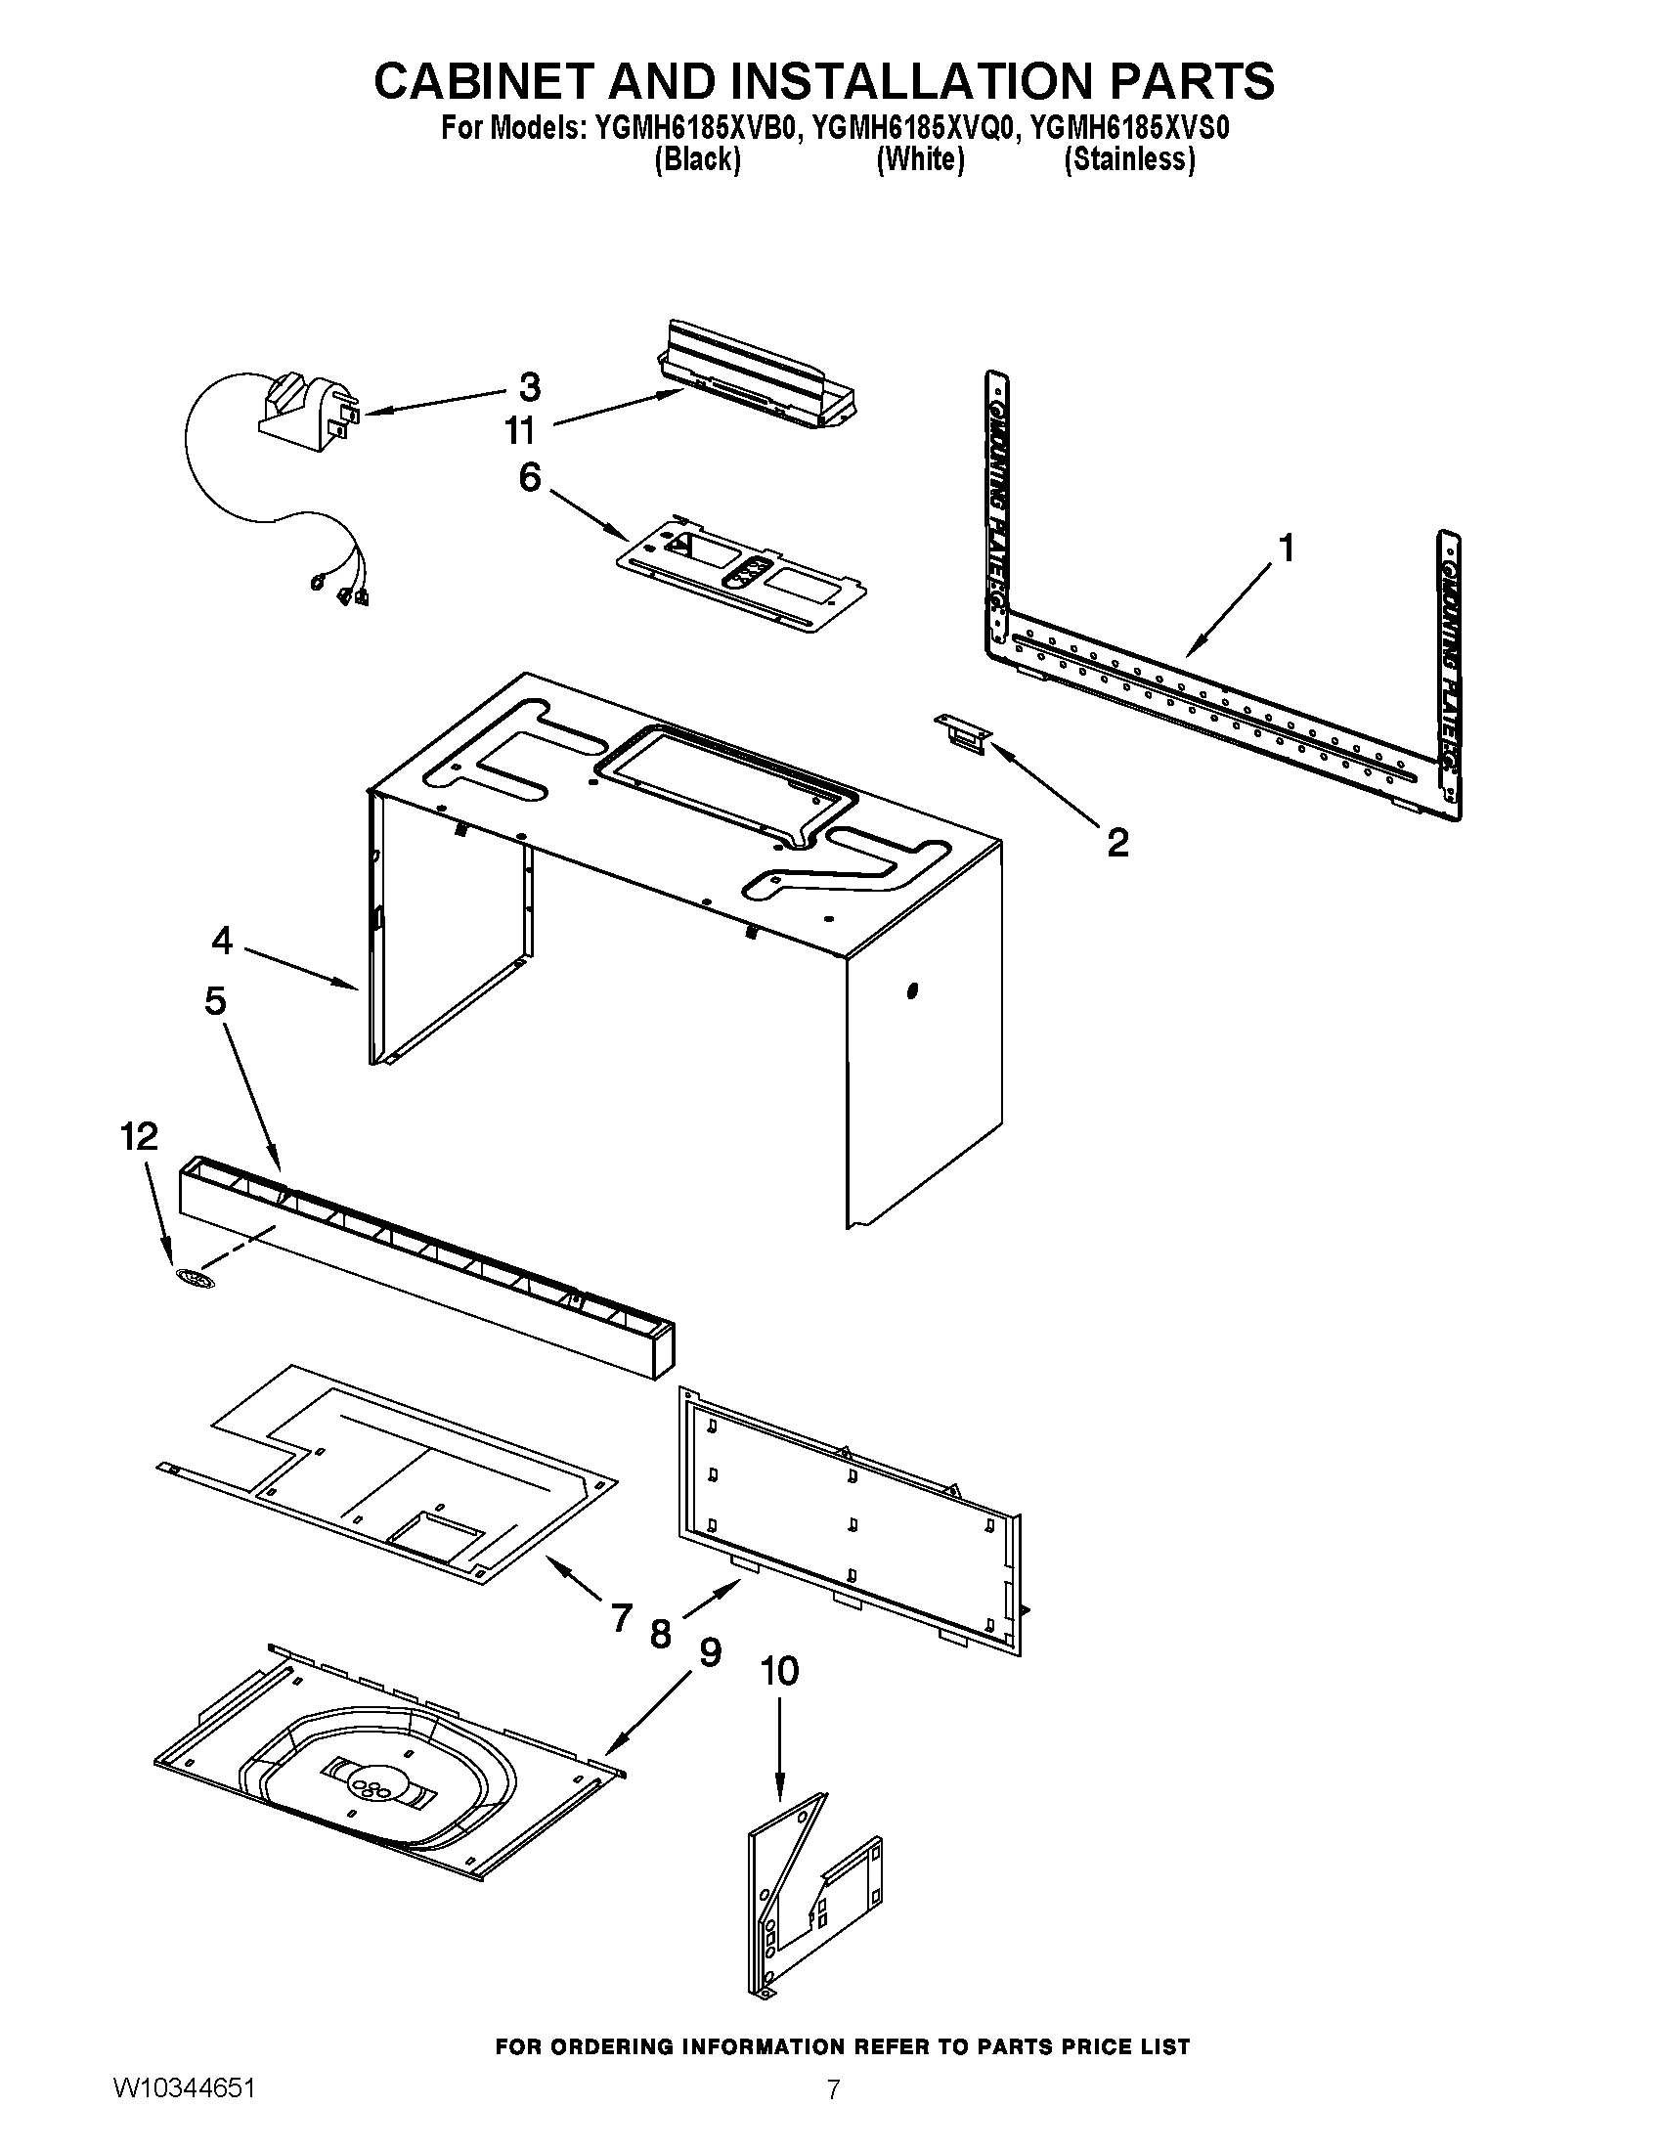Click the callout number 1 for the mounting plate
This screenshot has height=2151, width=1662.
pyautogui.click(x=1286, y=548)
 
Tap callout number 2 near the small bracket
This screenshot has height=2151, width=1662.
pyautogui.click(x=1117, y=843)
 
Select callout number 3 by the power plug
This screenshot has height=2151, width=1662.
pyautogui.click(x=530, y=387)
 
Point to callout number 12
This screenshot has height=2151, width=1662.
pyautogui.click(x=139, y=1136)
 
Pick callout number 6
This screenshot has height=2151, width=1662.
pyautogui.click(x=530, y=478)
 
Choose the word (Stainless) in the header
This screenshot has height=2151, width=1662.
pyautogui.click(x=1129, y=159)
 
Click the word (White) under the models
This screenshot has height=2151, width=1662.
pyautogui.click(x=920, y=159)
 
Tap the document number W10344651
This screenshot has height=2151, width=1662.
pyautogui.click(x=184, y=2115)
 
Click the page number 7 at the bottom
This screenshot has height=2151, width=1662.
pyautogui.click(x=833, y=2116)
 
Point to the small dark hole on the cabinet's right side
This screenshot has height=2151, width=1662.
pyautogui.click(x=912, y=989)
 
